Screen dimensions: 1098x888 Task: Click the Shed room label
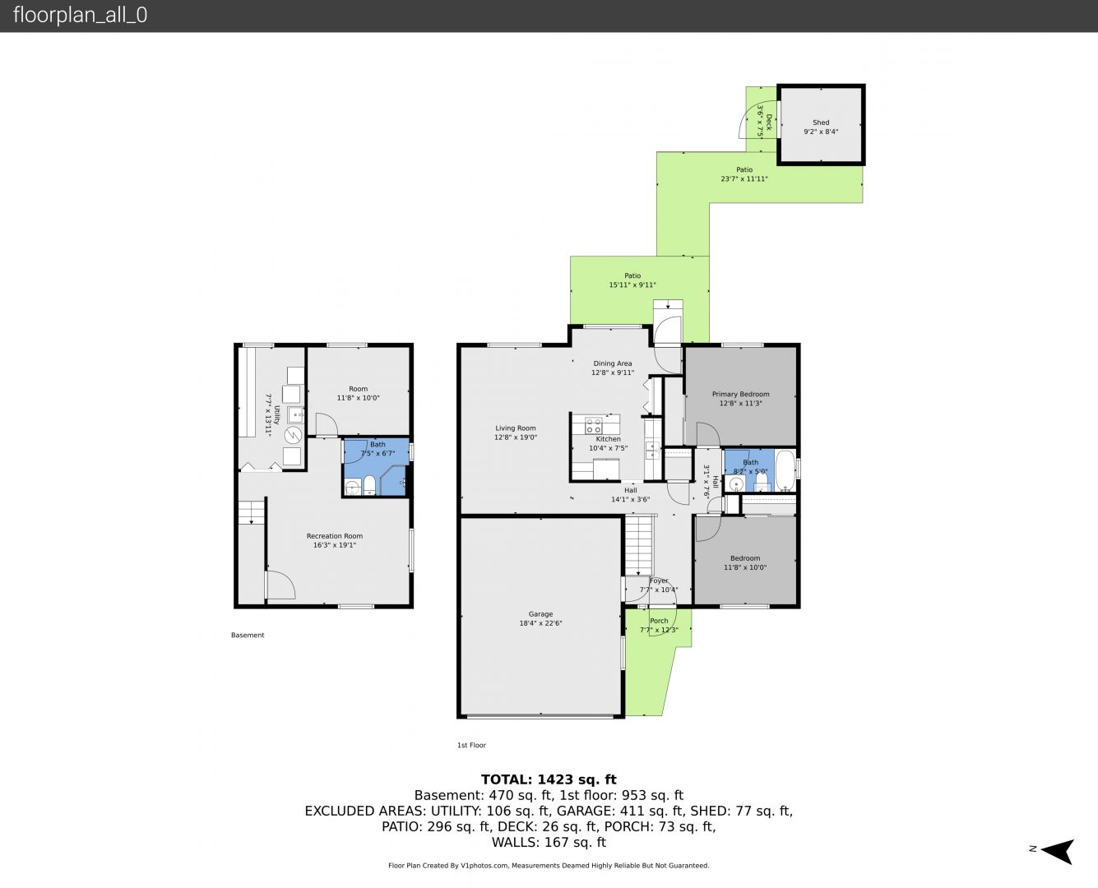(821, 123)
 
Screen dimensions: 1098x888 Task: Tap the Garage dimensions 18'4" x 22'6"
(540, 623)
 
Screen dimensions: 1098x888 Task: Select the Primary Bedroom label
(741, 395)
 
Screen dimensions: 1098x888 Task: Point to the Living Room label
(516, 428)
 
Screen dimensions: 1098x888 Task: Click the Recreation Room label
(335, 536)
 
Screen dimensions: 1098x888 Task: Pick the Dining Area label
(613, 363)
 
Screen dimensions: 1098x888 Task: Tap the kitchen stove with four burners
(594, 426)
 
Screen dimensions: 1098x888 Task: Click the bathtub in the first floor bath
(785, 470)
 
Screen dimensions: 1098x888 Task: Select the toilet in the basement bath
(369, 485)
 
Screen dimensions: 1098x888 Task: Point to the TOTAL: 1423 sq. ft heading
(549, 779)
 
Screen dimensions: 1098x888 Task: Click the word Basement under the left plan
(248, 635)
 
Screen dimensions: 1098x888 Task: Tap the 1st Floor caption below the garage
(471, 745)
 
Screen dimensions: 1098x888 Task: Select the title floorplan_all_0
(81, 15)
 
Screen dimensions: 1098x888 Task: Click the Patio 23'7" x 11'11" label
(744, 174)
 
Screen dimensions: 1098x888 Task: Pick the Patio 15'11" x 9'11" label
(632, 280)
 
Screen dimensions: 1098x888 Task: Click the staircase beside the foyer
(639, 545)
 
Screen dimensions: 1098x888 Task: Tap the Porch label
(659, 621)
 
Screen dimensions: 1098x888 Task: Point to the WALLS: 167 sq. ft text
(549, 843)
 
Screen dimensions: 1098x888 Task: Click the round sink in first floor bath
(735, 484)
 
